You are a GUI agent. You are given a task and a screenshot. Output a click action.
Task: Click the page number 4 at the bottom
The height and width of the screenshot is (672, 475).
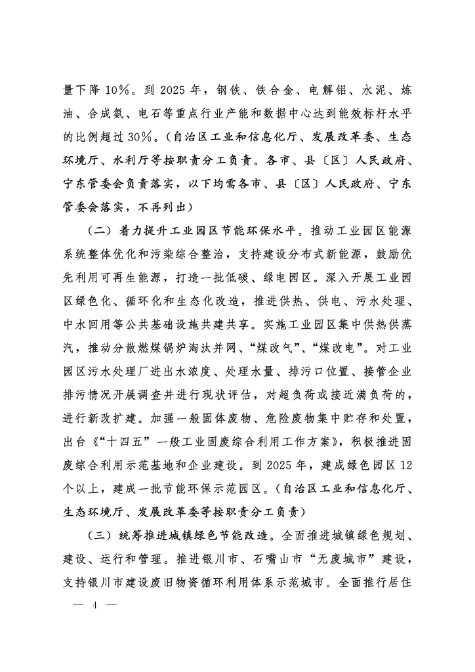pyautogui.click(x=95, y=604)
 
